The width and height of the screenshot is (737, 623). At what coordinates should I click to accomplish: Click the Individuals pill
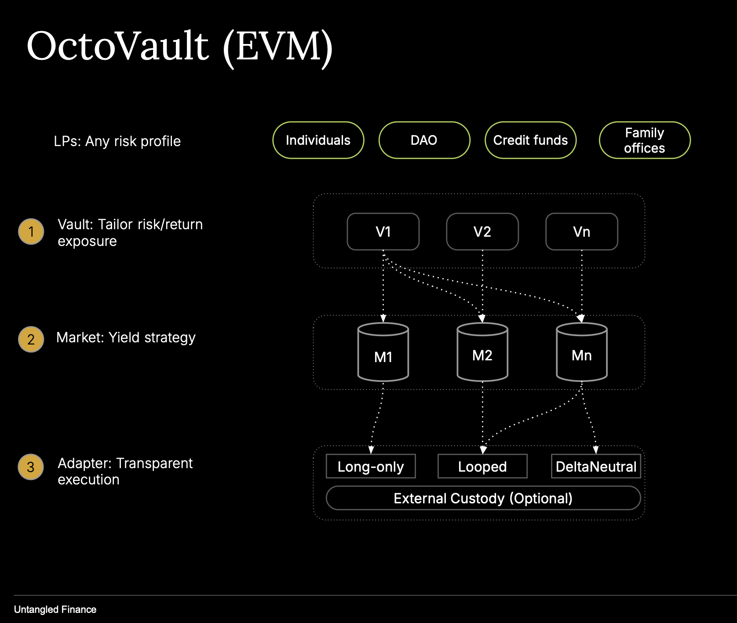(x=318, y=140)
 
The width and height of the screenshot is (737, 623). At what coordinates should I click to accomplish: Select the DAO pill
(x=424, y=140)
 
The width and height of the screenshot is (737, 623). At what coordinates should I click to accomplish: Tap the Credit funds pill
(x=530, y=140)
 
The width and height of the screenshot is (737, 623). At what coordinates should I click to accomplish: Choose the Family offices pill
(x=644, y=140)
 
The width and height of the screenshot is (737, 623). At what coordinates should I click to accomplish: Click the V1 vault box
(x=383, y=232)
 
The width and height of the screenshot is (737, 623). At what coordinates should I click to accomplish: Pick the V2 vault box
(x=482, y=232)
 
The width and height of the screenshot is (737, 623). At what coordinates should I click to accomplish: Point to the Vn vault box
(x=581, y=232)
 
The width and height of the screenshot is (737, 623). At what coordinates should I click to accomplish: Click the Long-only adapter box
(x=371, y=466)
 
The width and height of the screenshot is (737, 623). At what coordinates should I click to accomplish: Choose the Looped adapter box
(x=482, y=466)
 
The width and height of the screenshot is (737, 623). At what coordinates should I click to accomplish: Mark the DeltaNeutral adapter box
(x=596, y=466)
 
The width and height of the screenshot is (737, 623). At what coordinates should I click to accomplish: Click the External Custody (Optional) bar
(x=483, y=498)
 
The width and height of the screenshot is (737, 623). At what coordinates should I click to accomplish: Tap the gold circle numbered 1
(x=31, y=231)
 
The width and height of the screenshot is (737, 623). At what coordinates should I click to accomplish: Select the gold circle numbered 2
(x=31, y=339)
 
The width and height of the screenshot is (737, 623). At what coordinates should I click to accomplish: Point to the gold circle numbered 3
(x=31, y=467)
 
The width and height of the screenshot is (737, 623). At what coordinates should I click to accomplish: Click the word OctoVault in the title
(x=118, y=46)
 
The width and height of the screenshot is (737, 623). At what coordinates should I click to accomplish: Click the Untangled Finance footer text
(x=55, y=609)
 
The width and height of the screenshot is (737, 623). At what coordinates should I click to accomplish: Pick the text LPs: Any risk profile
(x=117, y=141)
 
